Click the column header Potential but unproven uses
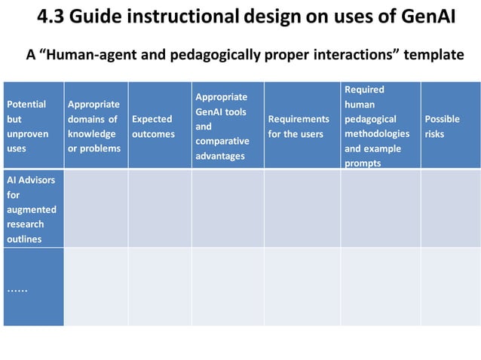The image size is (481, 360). point(26,126)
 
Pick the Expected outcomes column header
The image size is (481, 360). point(153,126)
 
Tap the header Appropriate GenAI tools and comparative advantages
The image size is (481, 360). point(222,126)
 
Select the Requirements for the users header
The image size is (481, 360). point(299,126)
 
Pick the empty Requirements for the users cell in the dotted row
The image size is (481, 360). point(302,287)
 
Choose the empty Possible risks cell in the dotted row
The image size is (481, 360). point(450,287)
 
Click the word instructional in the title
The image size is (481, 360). point(195,16)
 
